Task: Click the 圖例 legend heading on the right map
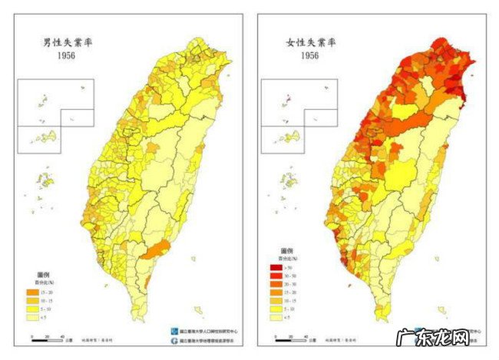coord(288,252)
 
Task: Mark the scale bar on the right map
coord(292,339)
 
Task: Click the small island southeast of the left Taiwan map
coord(198,311)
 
